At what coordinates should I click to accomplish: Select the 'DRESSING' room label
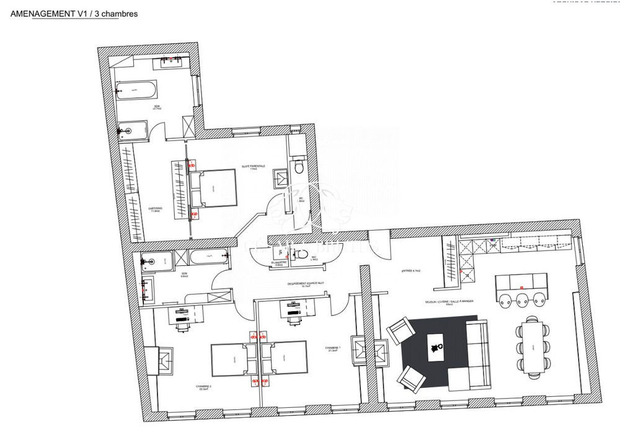155,209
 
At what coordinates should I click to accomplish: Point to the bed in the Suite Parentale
213,188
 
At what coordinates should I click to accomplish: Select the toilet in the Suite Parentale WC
299,167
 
